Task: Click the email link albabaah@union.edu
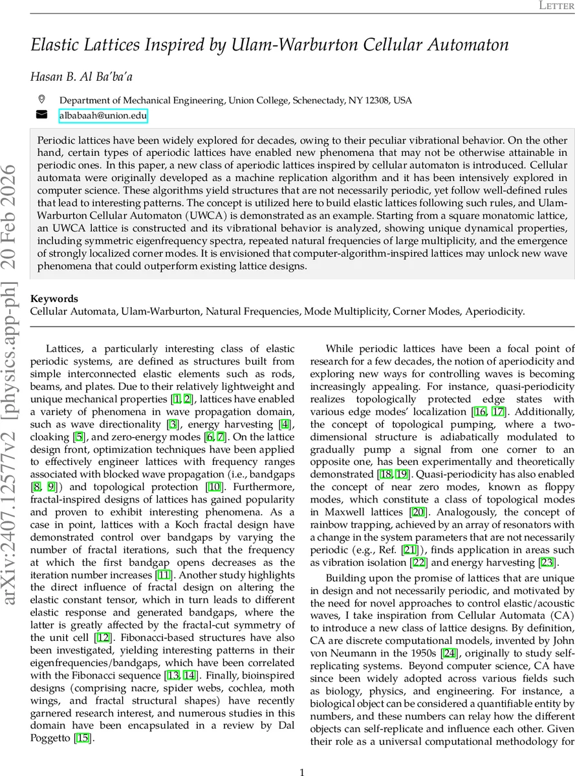click(x=103, y=116)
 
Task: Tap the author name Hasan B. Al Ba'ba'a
click(x=81, y=77)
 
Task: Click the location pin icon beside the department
click(x=42, y=100)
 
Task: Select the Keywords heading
click(x=54, y=299)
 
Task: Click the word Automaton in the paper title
click(x=468, y=45)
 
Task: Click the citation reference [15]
click(x=82, y=738)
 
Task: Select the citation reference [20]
click(x=417, y=512)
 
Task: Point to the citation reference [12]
click(x=103, y=637)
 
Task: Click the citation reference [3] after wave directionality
click(x=173, y=425)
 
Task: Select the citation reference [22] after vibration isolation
click(x=402, y=563)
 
